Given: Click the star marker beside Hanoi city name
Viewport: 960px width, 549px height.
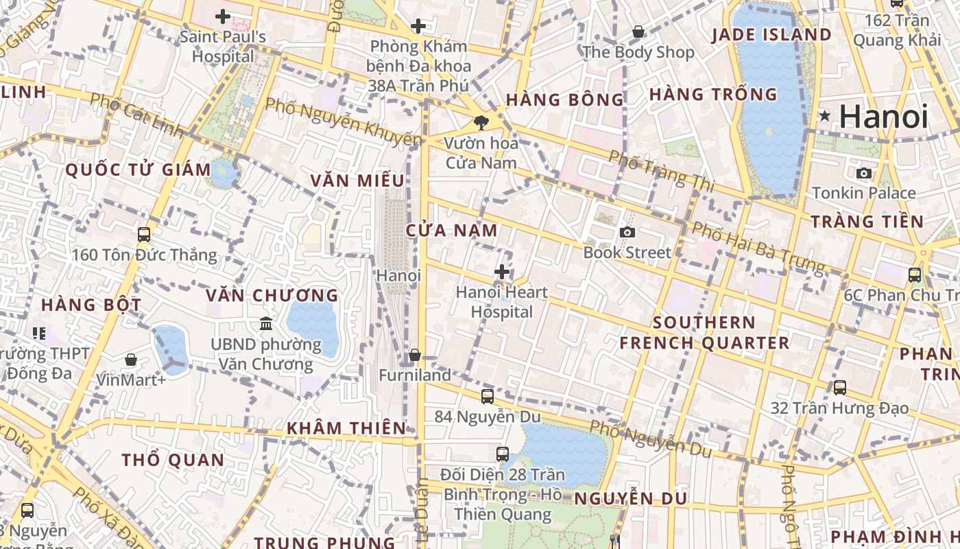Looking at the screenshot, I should [x=824, y=117].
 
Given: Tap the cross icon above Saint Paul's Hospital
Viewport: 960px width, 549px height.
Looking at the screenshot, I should [x=222, y=16].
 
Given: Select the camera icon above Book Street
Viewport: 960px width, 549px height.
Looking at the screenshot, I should [x=627, y=233].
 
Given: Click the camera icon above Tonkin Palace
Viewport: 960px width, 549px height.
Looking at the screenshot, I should [x=864, y=173].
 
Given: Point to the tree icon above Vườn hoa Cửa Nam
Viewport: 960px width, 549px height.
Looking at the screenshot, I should [x=481, y=123].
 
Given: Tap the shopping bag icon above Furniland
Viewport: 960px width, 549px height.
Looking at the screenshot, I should [x=415, y=355].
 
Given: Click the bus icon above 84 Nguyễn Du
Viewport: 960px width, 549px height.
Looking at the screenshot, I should [x=487, y=396].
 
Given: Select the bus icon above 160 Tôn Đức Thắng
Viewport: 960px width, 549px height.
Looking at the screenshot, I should [x=144, y=234].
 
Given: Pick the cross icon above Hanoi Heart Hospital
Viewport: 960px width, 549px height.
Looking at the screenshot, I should [x=502, y=272].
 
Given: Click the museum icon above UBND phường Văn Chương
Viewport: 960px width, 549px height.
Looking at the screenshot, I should [x=266, y=323].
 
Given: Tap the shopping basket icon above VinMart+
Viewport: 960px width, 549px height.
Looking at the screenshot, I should [x=131, y=359].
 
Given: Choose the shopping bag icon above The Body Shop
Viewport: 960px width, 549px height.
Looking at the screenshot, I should [x=638, y=31].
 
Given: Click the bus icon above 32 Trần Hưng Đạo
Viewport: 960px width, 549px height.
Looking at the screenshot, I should [x=840, y=388].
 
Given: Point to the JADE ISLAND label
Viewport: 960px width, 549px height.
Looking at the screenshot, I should [x=771, y=35].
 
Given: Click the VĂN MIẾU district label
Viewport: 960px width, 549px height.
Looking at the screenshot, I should [x=357, y=180].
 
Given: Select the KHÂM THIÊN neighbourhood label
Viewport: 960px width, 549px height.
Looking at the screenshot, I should [x=346, y=428].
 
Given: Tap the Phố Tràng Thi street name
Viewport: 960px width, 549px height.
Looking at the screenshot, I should [x=661, y=171].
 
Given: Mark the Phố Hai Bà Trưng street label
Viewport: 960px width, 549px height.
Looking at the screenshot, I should [x=757, y=246].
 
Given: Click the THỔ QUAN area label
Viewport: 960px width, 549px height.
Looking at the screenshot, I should [x=173, y=460].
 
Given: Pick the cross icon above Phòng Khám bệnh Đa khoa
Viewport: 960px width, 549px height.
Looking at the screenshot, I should [x=418, y=27].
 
